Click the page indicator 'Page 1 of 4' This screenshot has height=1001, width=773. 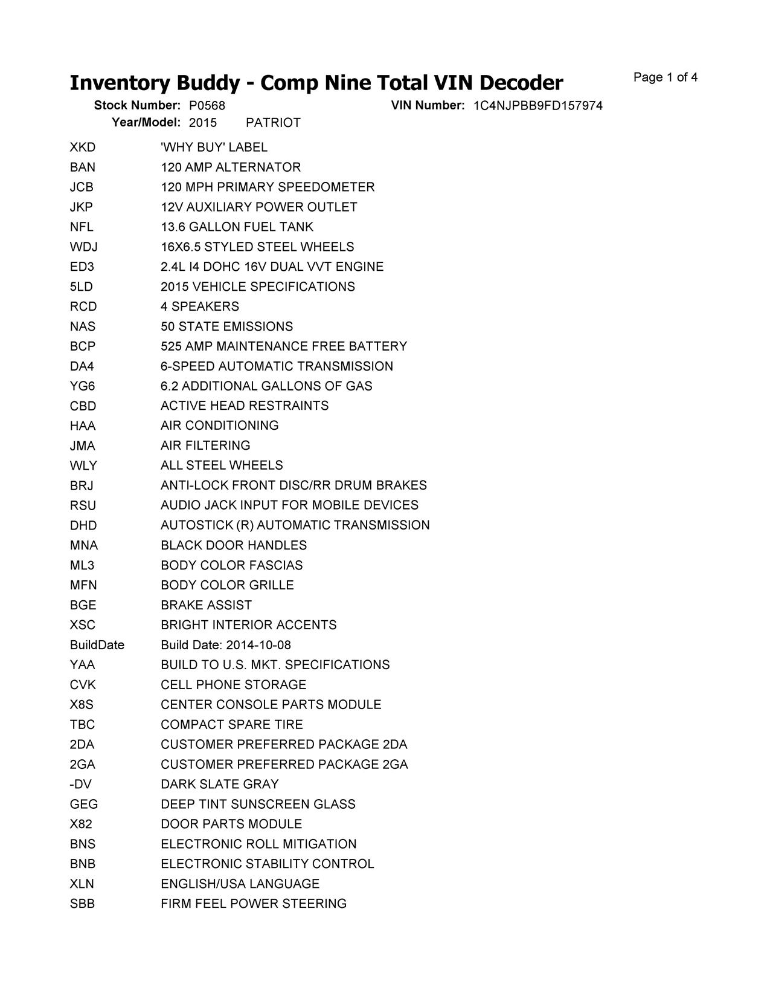pyautogui.click(x=665, y=77)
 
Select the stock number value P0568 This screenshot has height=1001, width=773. pyautogui.click(x=207, y=106)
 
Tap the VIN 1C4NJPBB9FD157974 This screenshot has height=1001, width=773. pyautogui.click(x=537, y=106)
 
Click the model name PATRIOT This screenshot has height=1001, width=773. pyautogui.click(x=273, y=123)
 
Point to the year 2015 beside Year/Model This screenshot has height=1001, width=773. pyautogui.click(x=202, y=123)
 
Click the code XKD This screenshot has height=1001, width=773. pyautogui.click(x=83, y=147)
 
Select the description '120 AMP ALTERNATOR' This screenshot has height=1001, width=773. pyautogui.click(x=231, y=167)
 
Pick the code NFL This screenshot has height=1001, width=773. pyautogui.click(x=82, y=227)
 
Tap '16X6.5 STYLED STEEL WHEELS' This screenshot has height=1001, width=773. pyautogui.click(x=257, y=247)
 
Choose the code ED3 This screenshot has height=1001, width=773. pyautogui.click(x=82, y=267)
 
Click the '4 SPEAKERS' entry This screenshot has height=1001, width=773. pyautogui.click(x=200, y=306)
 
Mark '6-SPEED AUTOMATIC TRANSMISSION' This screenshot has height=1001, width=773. pyautogui.click(x=277, y=366)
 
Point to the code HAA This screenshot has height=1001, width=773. pyautogui.click(x=83, y=426)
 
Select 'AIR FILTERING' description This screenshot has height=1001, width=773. pyautogui.click(x=205, y=445)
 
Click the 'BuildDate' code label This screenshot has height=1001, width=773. pyautogui.click(x=97, y=645)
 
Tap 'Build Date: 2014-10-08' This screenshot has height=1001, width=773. pyautogui.click(x=226, y=645)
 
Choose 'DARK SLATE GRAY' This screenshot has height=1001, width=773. pyautogui.click(x=220, y=785)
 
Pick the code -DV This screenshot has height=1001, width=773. pyautogui.click(x=81, y=785)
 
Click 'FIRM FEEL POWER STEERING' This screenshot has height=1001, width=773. pyautogui.click(x=254, y=904)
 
